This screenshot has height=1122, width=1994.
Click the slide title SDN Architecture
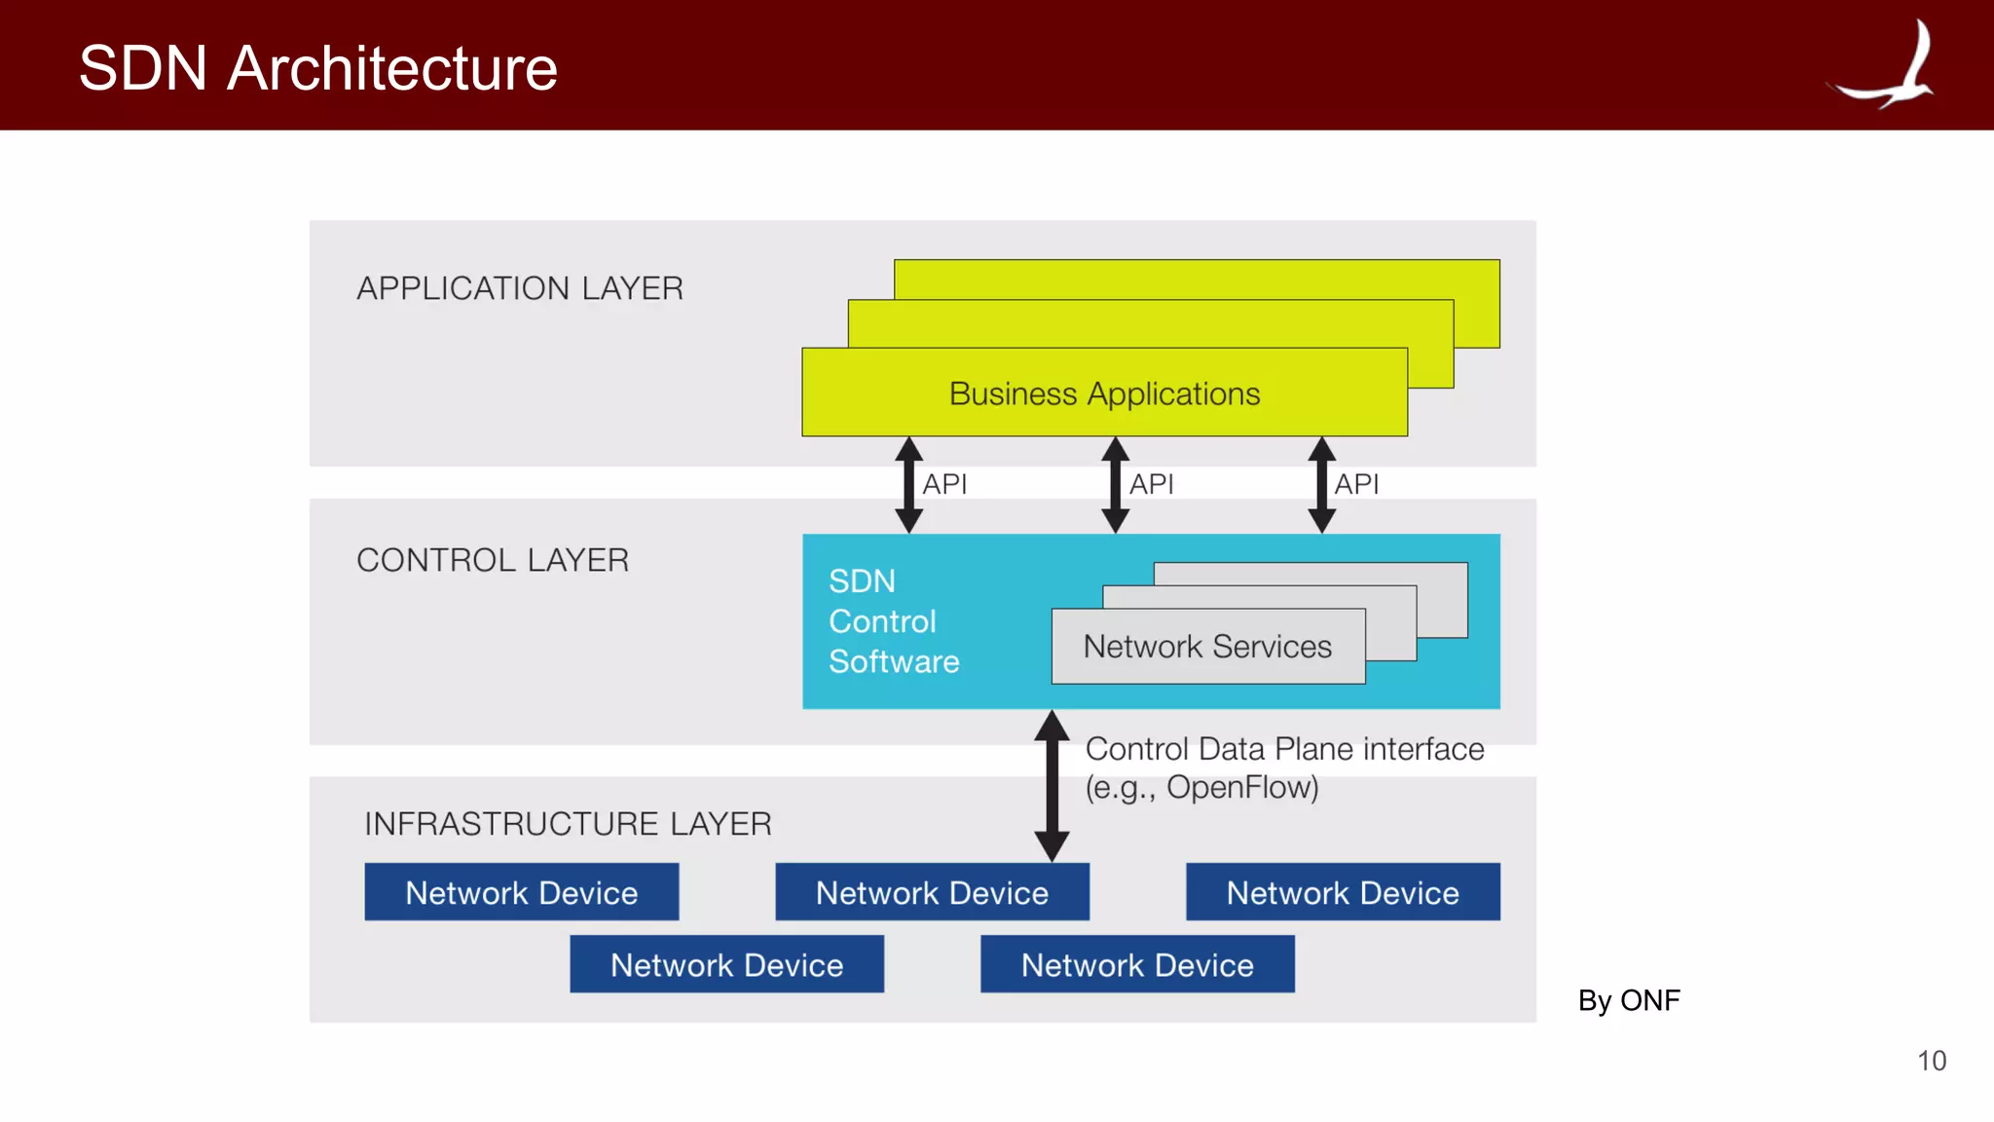[x=317, y=68]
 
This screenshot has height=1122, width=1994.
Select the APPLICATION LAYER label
[x=519, y=288]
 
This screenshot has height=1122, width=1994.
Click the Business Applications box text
[x=1104, y=393]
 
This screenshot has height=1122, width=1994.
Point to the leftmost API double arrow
[x=908, y=484]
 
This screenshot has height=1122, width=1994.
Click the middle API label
[x=1151, y=484]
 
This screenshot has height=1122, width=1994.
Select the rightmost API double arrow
[x=1321, y=484]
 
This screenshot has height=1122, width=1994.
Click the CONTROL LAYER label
[x=493, y=560]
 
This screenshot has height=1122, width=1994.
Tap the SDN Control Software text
[x=893, y=621]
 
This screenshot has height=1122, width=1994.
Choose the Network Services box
[x=1207, y=647]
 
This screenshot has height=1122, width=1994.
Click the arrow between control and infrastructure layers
[x=1052, y=785]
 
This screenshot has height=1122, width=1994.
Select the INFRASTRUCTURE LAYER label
[x=568, y=824]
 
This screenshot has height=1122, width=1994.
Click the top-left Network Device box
[x=521, y=892]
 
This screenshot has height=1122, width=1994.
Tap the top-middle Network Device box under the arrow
[x=932, y=892]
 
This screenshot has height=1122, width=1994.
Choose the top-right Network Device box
[x=1342, y=892]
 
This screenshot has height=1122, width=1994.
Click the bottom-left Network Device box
[x=726, y=964]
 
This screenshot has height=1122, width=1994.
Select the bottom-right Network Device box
[x=1136, y=964]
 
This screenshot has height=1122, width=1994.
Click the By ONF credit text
[x=1628, y=1000]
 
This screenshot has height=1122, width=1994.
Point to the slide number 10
[x=1931, y=1061]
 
